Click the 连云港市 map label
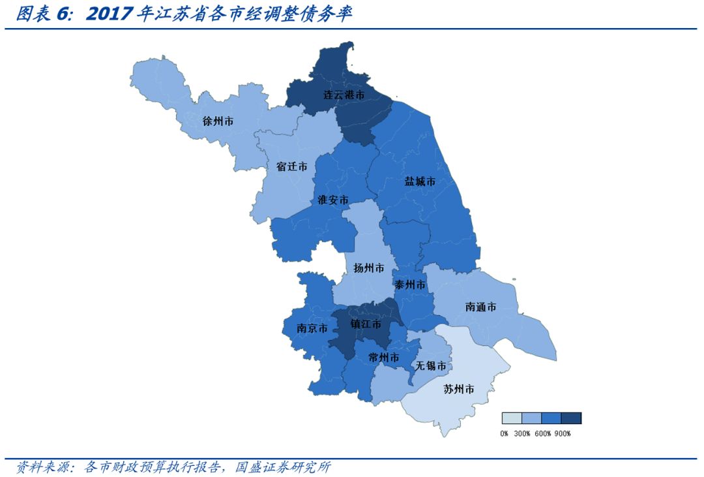[x=344, y=95]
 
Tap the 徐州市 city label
[x=218, y=121]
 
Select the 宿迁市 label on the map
[x=291, y=166]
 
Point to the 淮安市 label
[x=332, y=200]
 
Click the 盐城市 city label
[x=420, y=181]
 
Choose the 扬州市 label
[x=369, y=268]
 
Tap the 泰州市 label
[x=409, y=285]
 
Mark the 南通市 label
[x=481, y=306]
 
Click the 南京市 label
[x=312, y=328]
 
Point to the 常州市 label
[x=384, y=358]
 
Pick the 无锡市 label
[x=432, y=366]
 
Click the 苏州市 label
[x=458, y=389]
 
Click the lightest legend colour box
[x=512, y=418]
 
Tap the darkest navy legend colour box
[x=571, y=418]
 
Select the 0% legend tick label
[x=504, y=433]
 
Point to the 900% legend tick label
[x=563, y=433]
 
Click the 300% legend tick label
[x=522, y=433]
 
